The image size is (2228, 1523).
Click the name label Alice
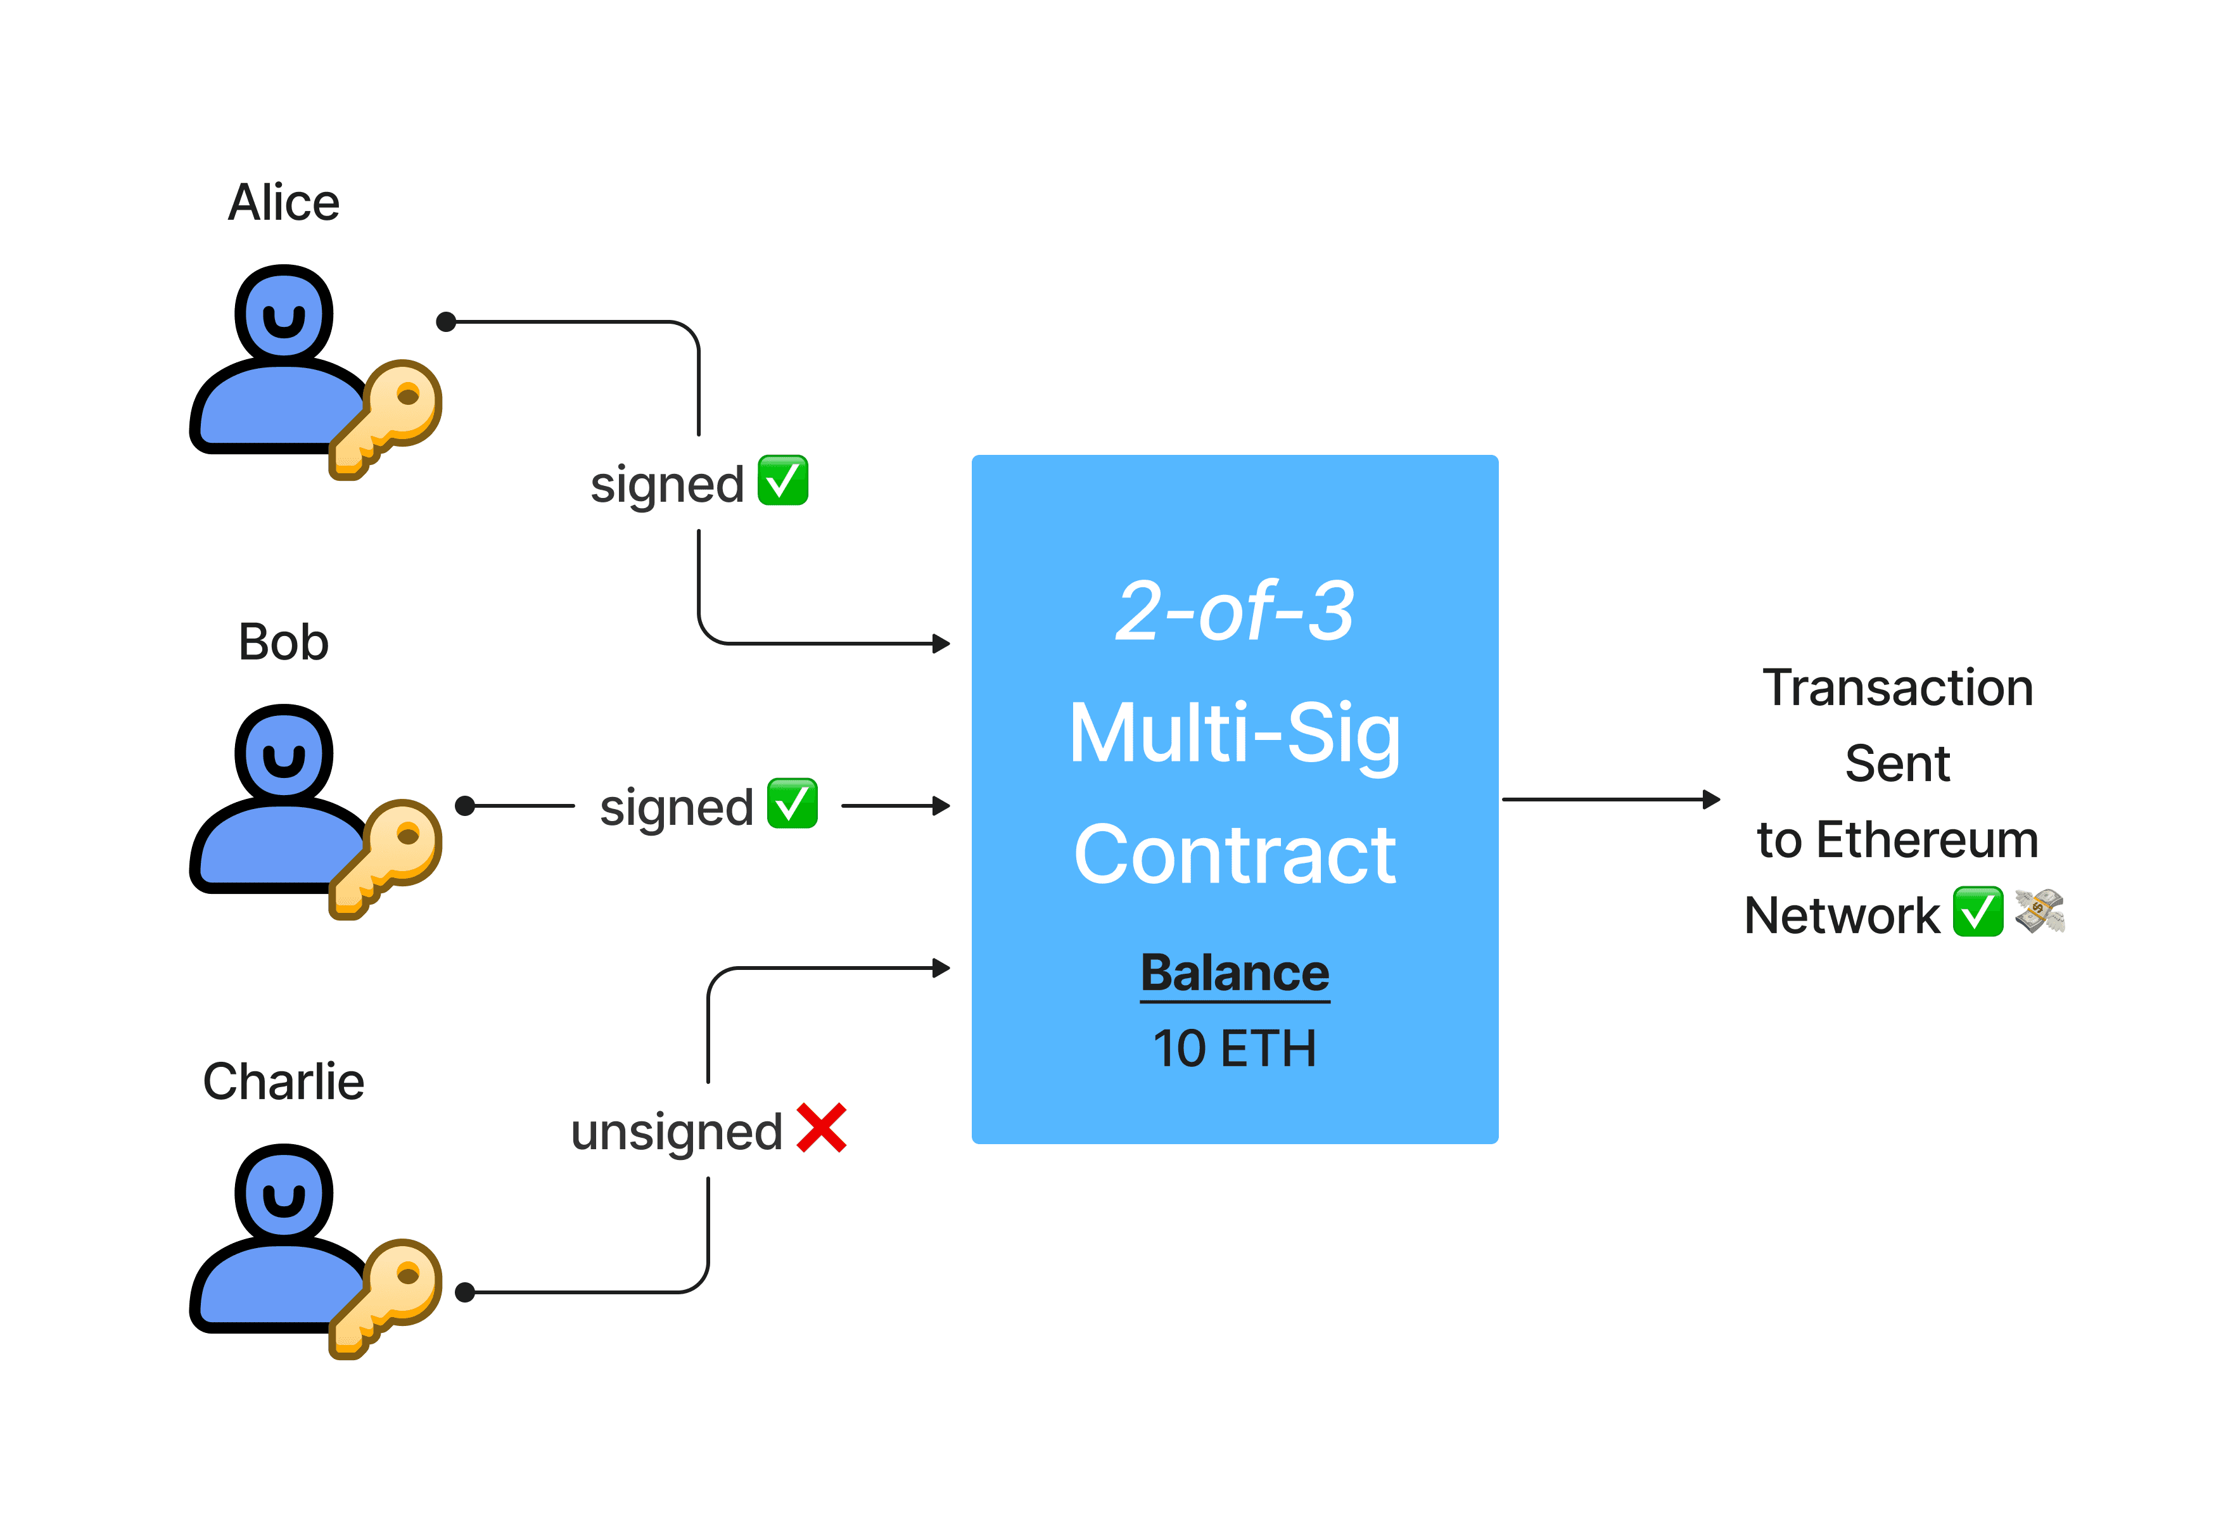(284, 203)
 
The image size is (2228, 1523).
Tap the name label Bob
(284, 642)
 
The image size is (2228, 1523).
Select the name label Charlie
(284, 1082)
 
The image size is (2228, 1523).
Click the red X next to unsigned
(822, 1128)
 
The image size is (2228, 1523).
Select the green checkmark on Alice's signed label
(783, 480)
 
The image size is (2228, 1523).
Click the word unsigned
(677, 1132)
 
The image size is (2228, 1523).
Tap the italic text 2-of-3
(1235, 611)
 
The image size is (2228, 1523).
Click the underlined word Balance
(1235, 973)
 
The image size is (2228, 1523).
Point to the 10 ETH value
(1235, 1048)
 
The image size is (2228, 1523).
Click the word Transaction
(1897, 688)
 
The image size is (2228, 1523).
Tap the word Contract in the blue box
(1235, 855)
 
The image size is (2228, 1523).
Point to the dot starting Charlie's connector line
(466, 1293)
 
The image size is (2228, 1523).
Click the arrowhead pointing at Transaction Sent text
(1710, 800)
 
